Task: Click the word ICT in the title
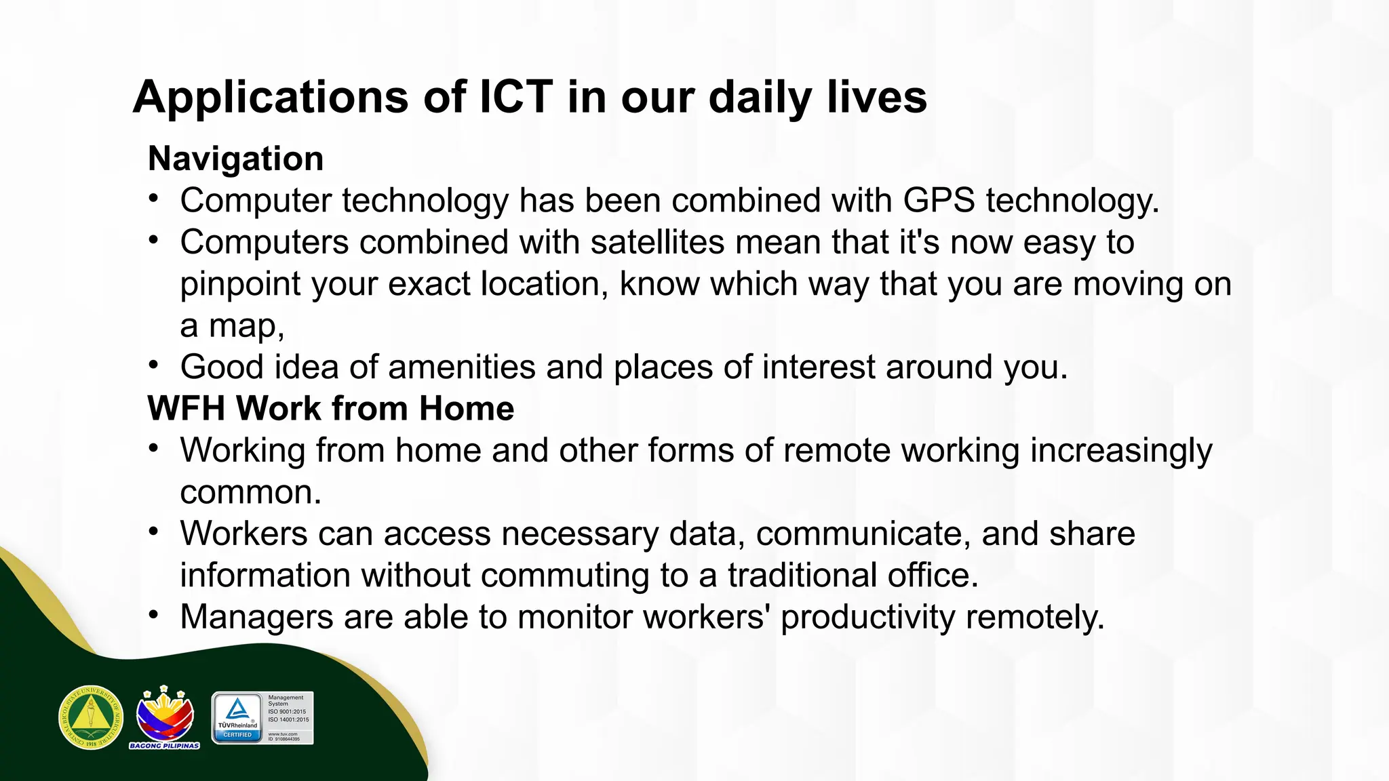click(515, 97)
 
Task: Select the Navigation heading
click(235, 159)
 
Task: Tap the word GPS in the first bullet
click(939, 201)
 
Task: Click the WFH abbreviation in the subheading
click(186, 408)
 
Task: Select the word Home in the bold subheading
click(466, 408)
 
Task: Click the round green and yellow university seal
click(91, 717)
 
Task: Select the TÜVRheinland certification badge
click(262, 718)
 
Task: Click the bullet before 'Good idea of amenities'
click(154, 366)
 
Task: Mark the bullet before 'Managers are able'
click(154, 616)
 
